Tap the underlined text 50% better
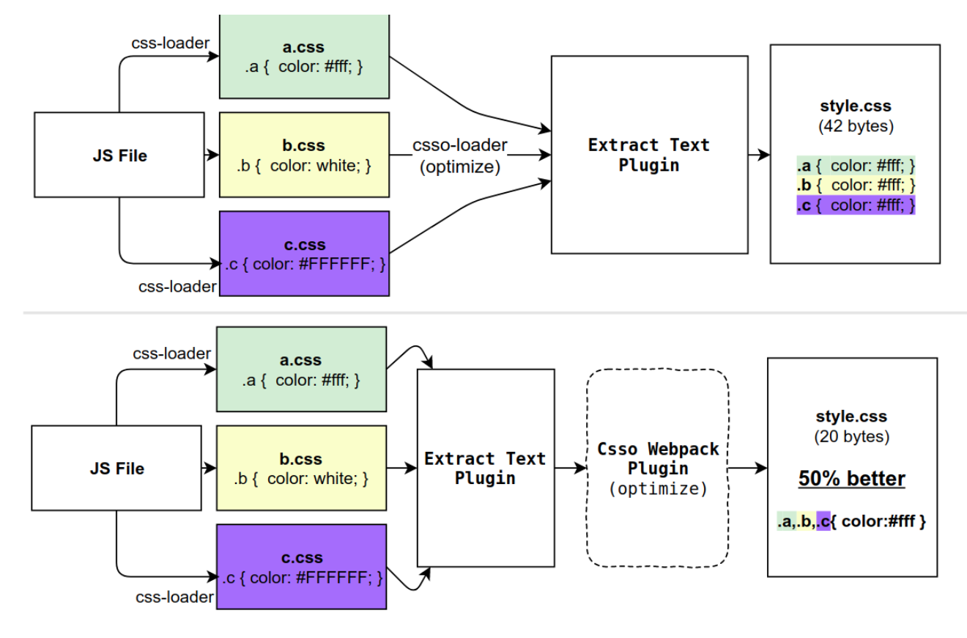pyautogui.click(x=851, y=479)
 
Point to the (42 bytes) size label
pyautogui.click(x=855, y=126)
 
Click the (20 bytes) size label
pyautogui.click(x=851, y=437)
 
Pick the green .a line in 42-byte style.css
pyautogui.click(x=856, y=166)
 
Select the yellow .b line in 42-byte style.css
pyautogui.click(x=856, y=186)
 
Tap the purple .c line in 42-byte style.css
pyautogui.click(x=856, y=206)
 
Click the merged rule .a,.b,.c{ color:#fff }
pyautogui.click(x=851, y=521)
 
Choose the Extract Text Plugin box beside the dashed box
pyautogui.click(x=485, y=468)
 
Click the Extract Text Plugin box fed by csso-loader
pyautogui.click(x=649, y=155)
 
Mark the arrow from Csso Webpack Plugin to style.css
pyautogui.click(x=748, y=468)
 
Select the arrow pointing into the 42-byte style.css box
pyautogui.click(x=759, y=155)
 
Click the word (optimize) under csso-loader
pyautogui.click(x=459, y=166)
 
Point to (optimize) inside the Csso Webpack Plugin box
pyautogui.click(x=658, y=489)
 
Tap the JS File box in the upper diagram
pyautogui.click(x=119, y=155)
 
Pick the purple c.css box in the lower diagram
pyautogui.click(x=301, y=566)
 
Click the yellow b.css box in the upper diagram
pyautogui.click(x=304, y=155)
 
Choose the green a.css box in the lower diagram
pyautogui.click(x=301, y=369)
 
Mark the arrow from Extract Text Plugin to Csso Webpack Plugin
pyautogui.click(x=571, y=468)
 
